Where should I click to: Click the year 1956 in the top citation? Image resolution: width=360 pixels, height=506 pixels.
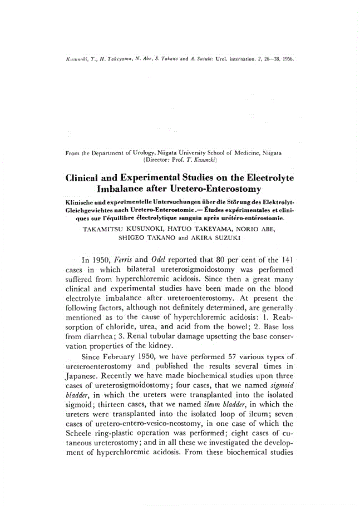[x=288, y=58]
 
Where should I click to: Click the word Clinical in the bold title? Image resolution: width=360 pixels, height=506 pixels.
[x=88, y=180]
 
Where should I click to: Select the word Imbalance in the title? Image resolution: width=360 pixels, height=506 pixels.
[x=125, y=192]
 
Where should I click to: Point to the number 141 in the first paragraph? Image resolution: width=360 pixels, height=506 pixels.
[x=285, y=260]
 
